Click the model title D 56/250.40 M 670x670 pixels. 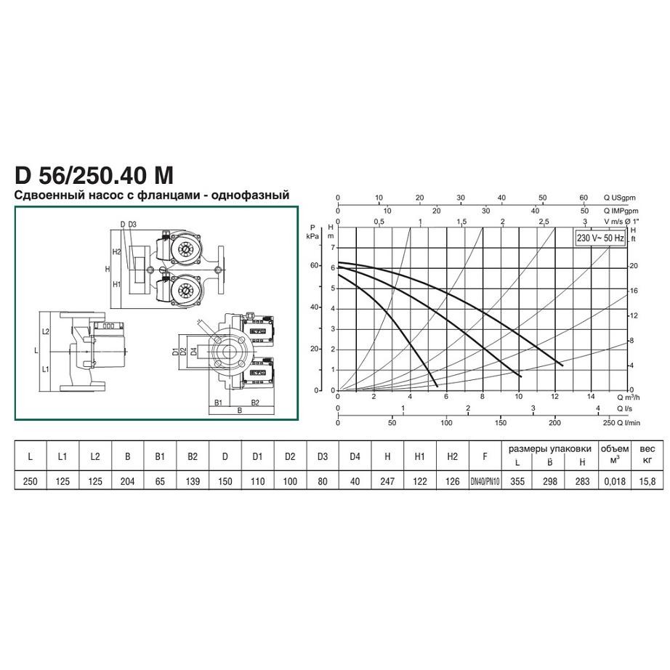click(94, 175)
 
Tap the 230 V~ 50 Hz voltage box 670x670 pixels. click(600, 238)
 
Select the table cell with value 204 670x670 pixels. click(127, 482)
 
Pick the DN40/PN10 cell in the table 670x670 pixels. click(485, 482)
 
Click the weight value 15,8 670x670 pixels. click(647, 482)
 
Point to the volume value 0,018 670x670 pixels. click(615, 482)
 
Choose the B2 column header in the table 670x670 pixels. click(193, 456)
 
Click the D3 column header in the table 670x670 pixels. click(322, 456)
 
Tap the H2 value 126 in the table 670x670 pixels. click(452, 482)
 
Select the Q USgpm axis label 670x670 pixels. click(619, 198)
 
